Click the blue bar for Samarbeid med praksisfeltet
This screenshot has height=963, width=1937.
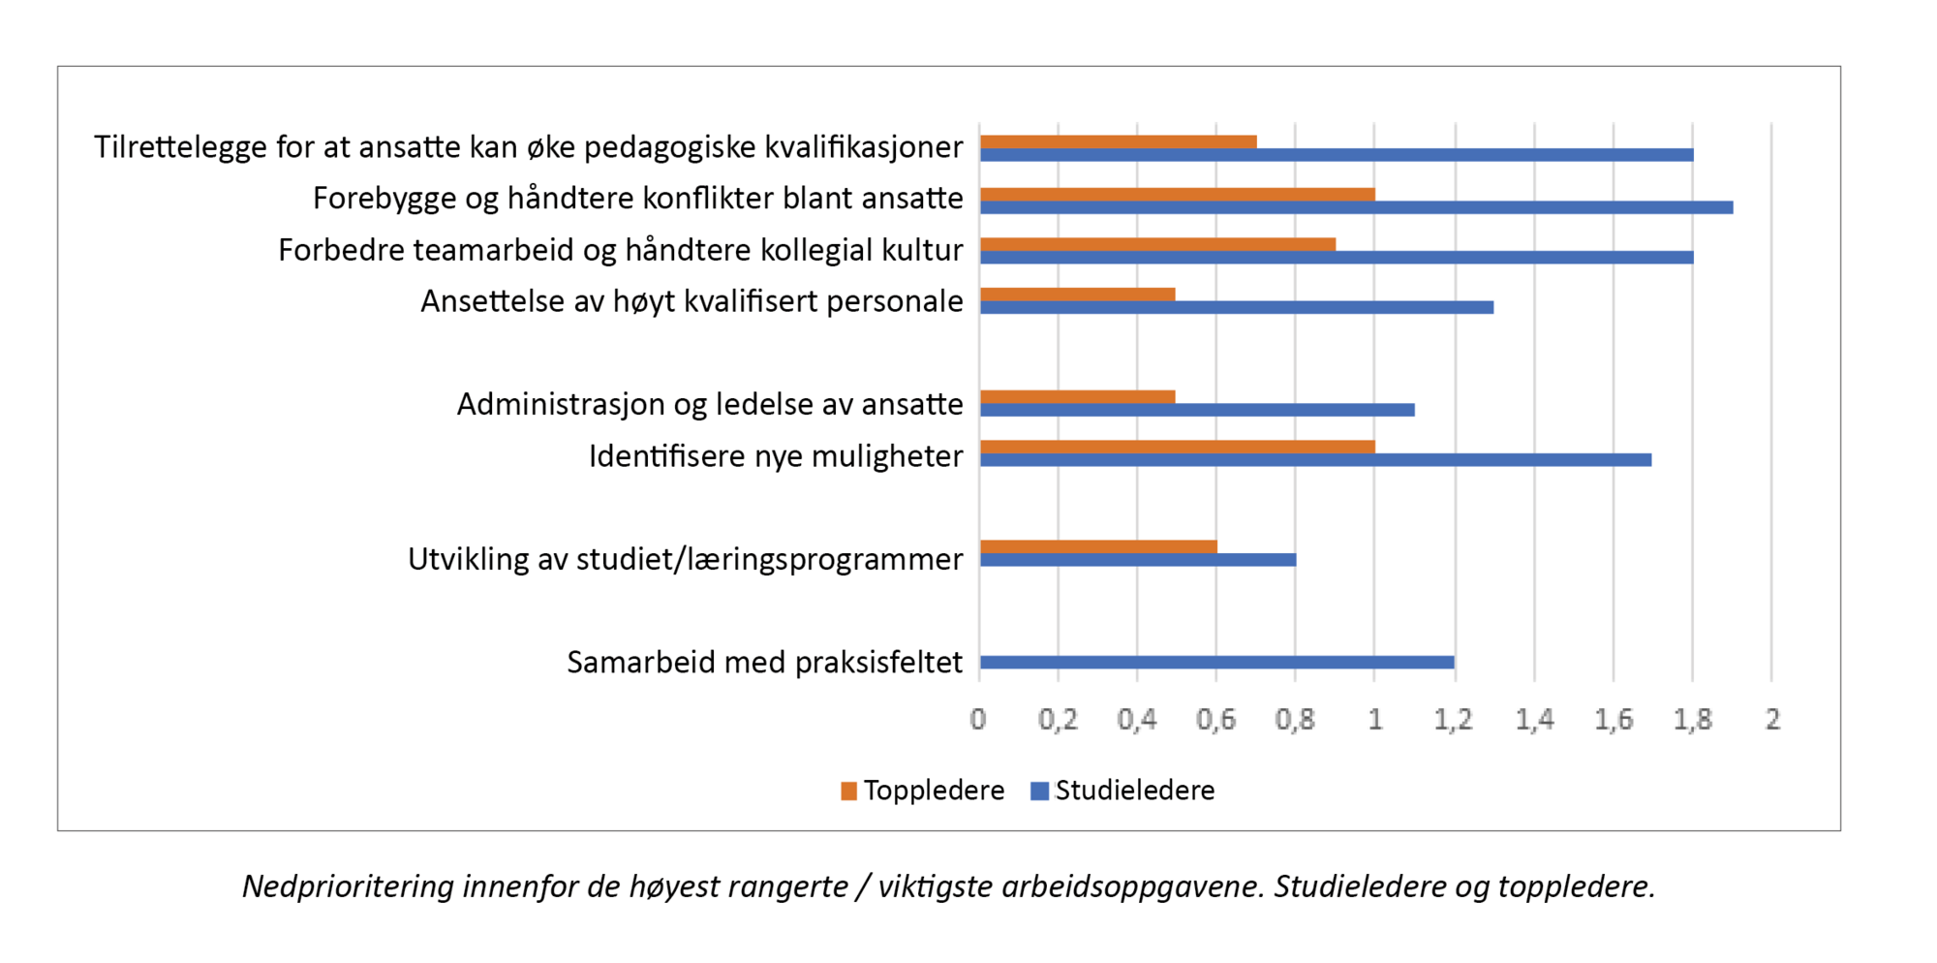(x=1216, y=663)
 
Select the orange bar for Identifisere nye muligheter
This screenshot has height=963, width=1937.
(x=1177, y=447)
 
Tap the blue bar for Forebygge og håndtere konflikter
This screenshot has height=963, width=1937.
(x=1356, y=207)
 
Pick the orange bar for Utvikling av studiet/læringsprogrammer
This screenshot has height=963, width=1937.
(x=1098, y=546)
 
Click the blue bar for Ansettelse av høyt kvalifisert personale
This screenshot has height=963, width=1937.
(x=1236, y=307)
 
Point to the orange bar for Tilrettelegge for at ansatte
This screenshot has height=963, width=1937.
(x=1118, y=142)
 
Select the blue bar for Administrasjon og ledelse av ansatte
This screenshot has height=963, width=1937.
(x=1197, y=410)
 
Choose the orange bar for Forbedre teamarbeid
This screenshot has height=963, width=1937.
(x=1157, y=244)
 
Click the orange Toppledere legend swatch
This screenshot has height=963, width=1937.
(x=849, y=792)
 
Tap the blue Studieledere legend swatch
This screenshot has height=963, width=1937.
(x=1039, y=792)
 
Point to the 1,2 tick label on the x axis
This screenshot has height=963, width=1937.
(x=1453, y=720)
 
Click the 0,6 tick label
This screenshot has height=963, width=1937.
(x=1215, y=720)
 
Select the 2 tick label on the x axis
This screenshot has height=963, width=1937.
(x=1772, y=720)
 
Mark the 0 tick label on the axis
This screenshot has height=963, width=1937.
(x=978, y=720)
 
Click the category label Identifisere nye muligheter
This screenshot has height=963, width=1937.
(x=776, y=456)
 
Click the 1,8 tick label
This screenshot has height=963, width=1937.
(x=1692, y=720)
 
